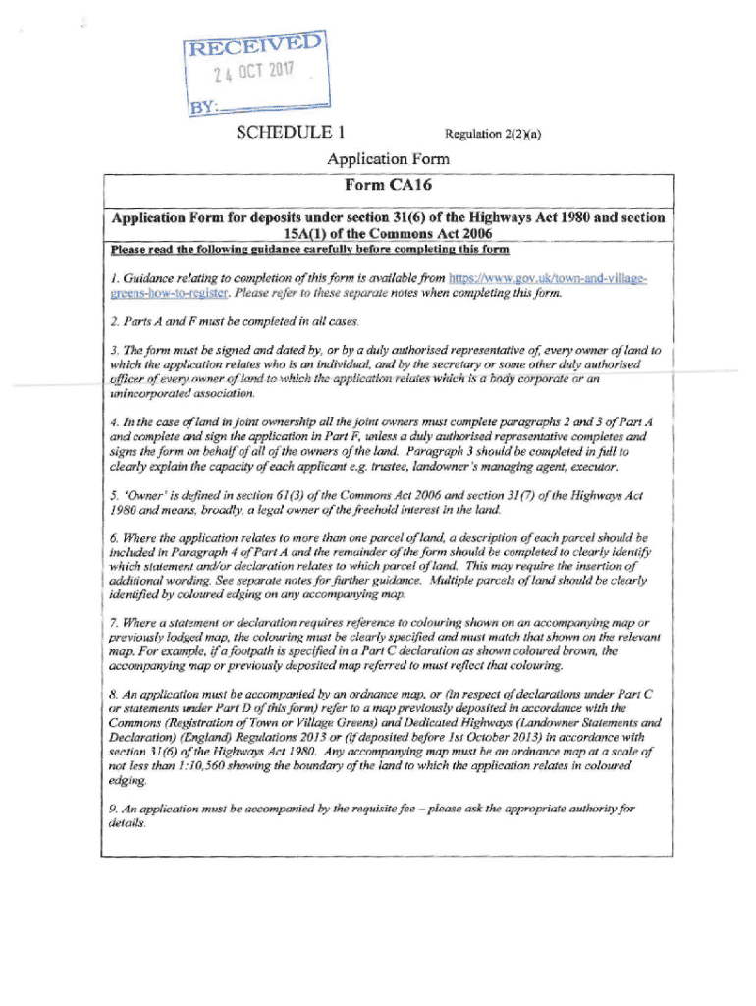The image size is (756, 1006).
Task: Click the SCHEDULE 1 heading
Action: click(284, 132)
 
